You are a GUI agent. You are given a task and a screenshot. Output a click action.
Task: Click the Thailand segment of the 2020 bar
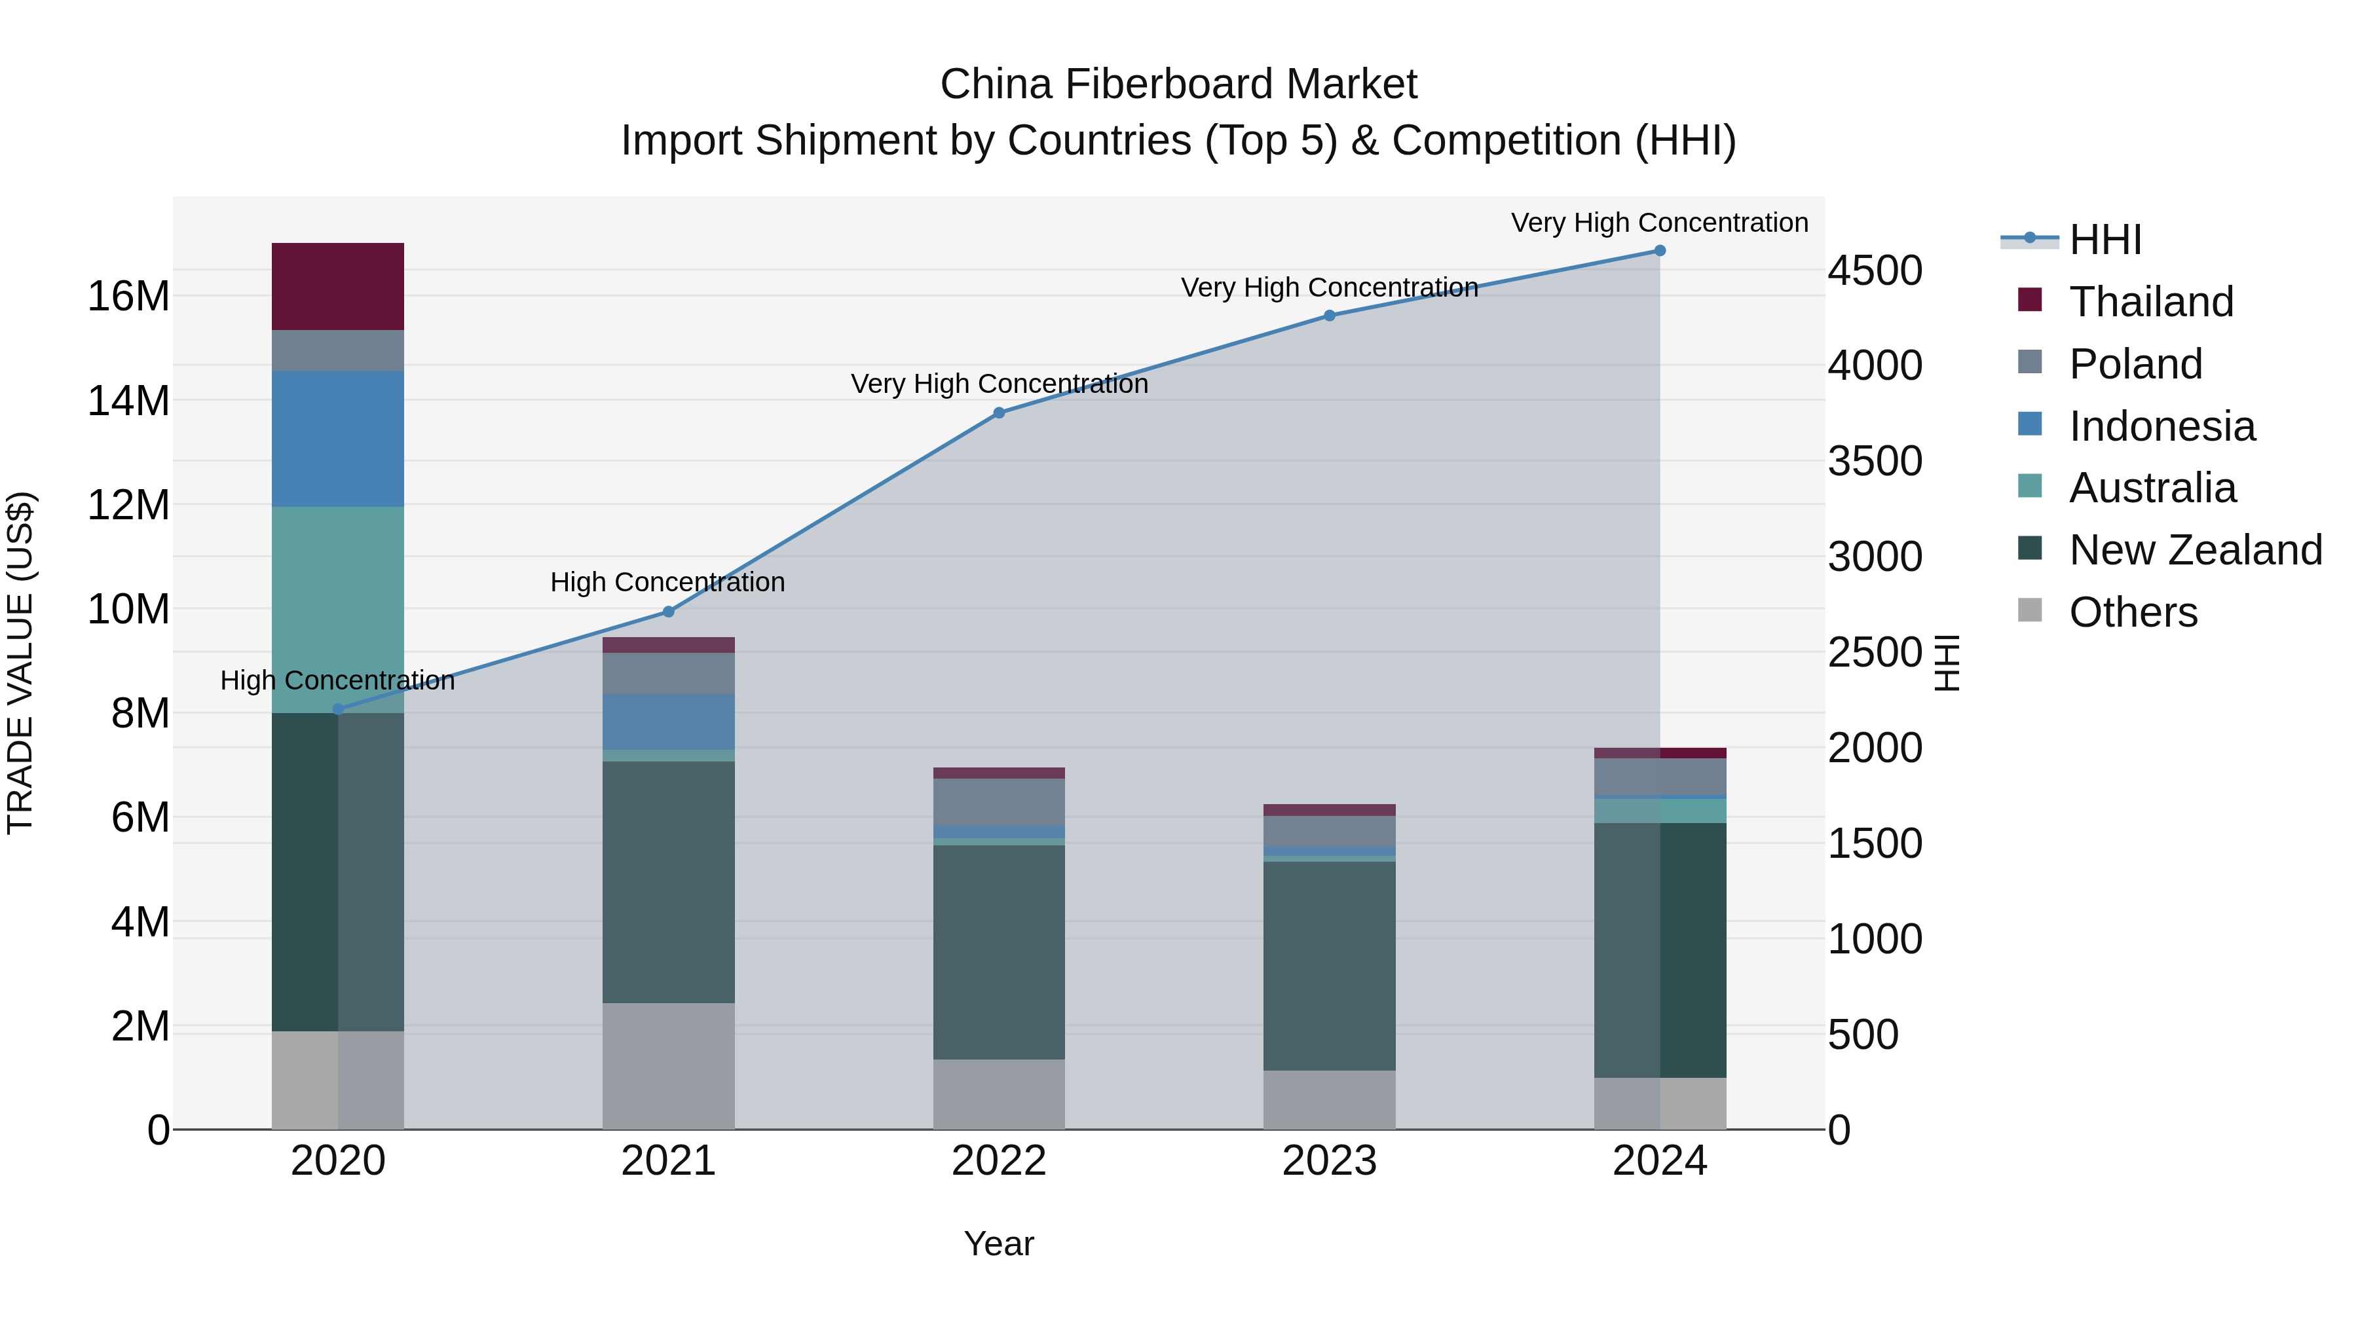[338, 286]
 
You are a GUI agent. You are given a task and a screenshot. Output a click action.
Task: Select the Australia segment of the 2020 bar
[338, 608]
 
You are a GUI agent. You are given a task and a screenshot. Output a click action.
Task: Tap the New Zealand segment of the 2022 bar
[999, 951]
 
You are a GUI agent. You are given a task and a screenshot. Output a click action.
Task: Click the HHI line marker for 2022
[999, 413]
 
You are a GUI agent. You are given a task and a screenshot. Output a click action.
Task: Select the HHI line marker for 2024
[1660, 251]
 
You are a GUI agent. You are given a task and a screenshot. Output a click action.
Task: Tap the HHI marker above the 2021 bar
[668, 612]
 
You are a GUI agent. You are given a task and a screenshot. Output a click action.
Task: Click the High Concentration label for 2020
[338, 681]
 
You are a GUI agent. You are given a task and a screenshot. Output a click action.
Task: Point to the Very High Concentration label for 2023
[1329, 287]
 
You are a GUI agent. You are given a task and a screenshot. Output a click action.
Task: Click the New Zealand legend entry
[2194, 550]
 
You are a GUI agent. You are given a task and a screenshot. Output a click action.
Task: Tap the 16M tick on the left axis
[128, 297]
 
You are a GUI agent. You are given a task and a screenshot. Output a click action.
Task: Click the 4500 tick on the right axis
[1875, 271]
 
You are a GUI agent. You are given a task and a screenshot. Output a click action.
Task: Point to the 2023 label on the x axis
[1329, 1161]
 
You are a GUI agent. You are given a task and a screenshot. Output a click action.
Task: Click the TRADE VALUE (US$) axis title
[20, 663]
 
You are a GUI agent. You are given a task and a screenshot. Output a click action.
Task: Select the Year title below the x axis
[999, 1243]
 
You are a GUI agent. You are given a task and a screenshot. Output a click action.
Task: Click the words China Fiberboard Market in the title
[1178, 84]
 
